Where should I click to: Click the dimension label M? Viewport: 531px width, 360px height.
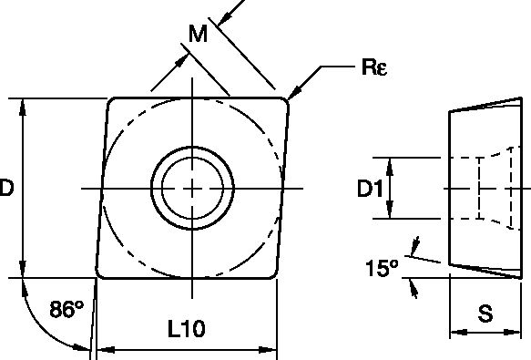198,36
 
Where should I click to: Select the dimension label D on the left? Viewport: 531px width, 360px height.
6,189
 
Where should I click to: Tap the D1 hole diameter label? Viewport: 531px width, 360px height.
368,190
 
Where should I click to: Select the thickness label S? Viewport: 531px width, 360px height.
485,314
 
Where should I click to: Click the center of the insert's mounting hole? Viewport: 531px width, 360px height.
192,189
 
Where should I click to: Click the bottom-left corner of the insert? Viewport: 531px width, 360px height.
98,274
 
